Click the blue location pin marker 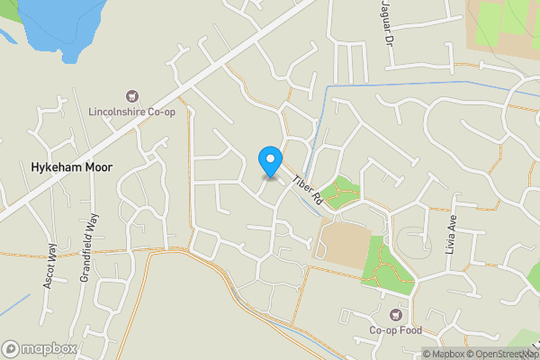click(x=269, y=161)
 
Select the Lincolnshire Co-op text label click(x=131, y=112)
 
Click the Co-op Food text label click(x=397, y=330)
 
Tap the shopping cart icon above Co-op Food click(x=396, y=314)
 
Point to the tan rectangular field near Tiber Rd click(x=342, y=241)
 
